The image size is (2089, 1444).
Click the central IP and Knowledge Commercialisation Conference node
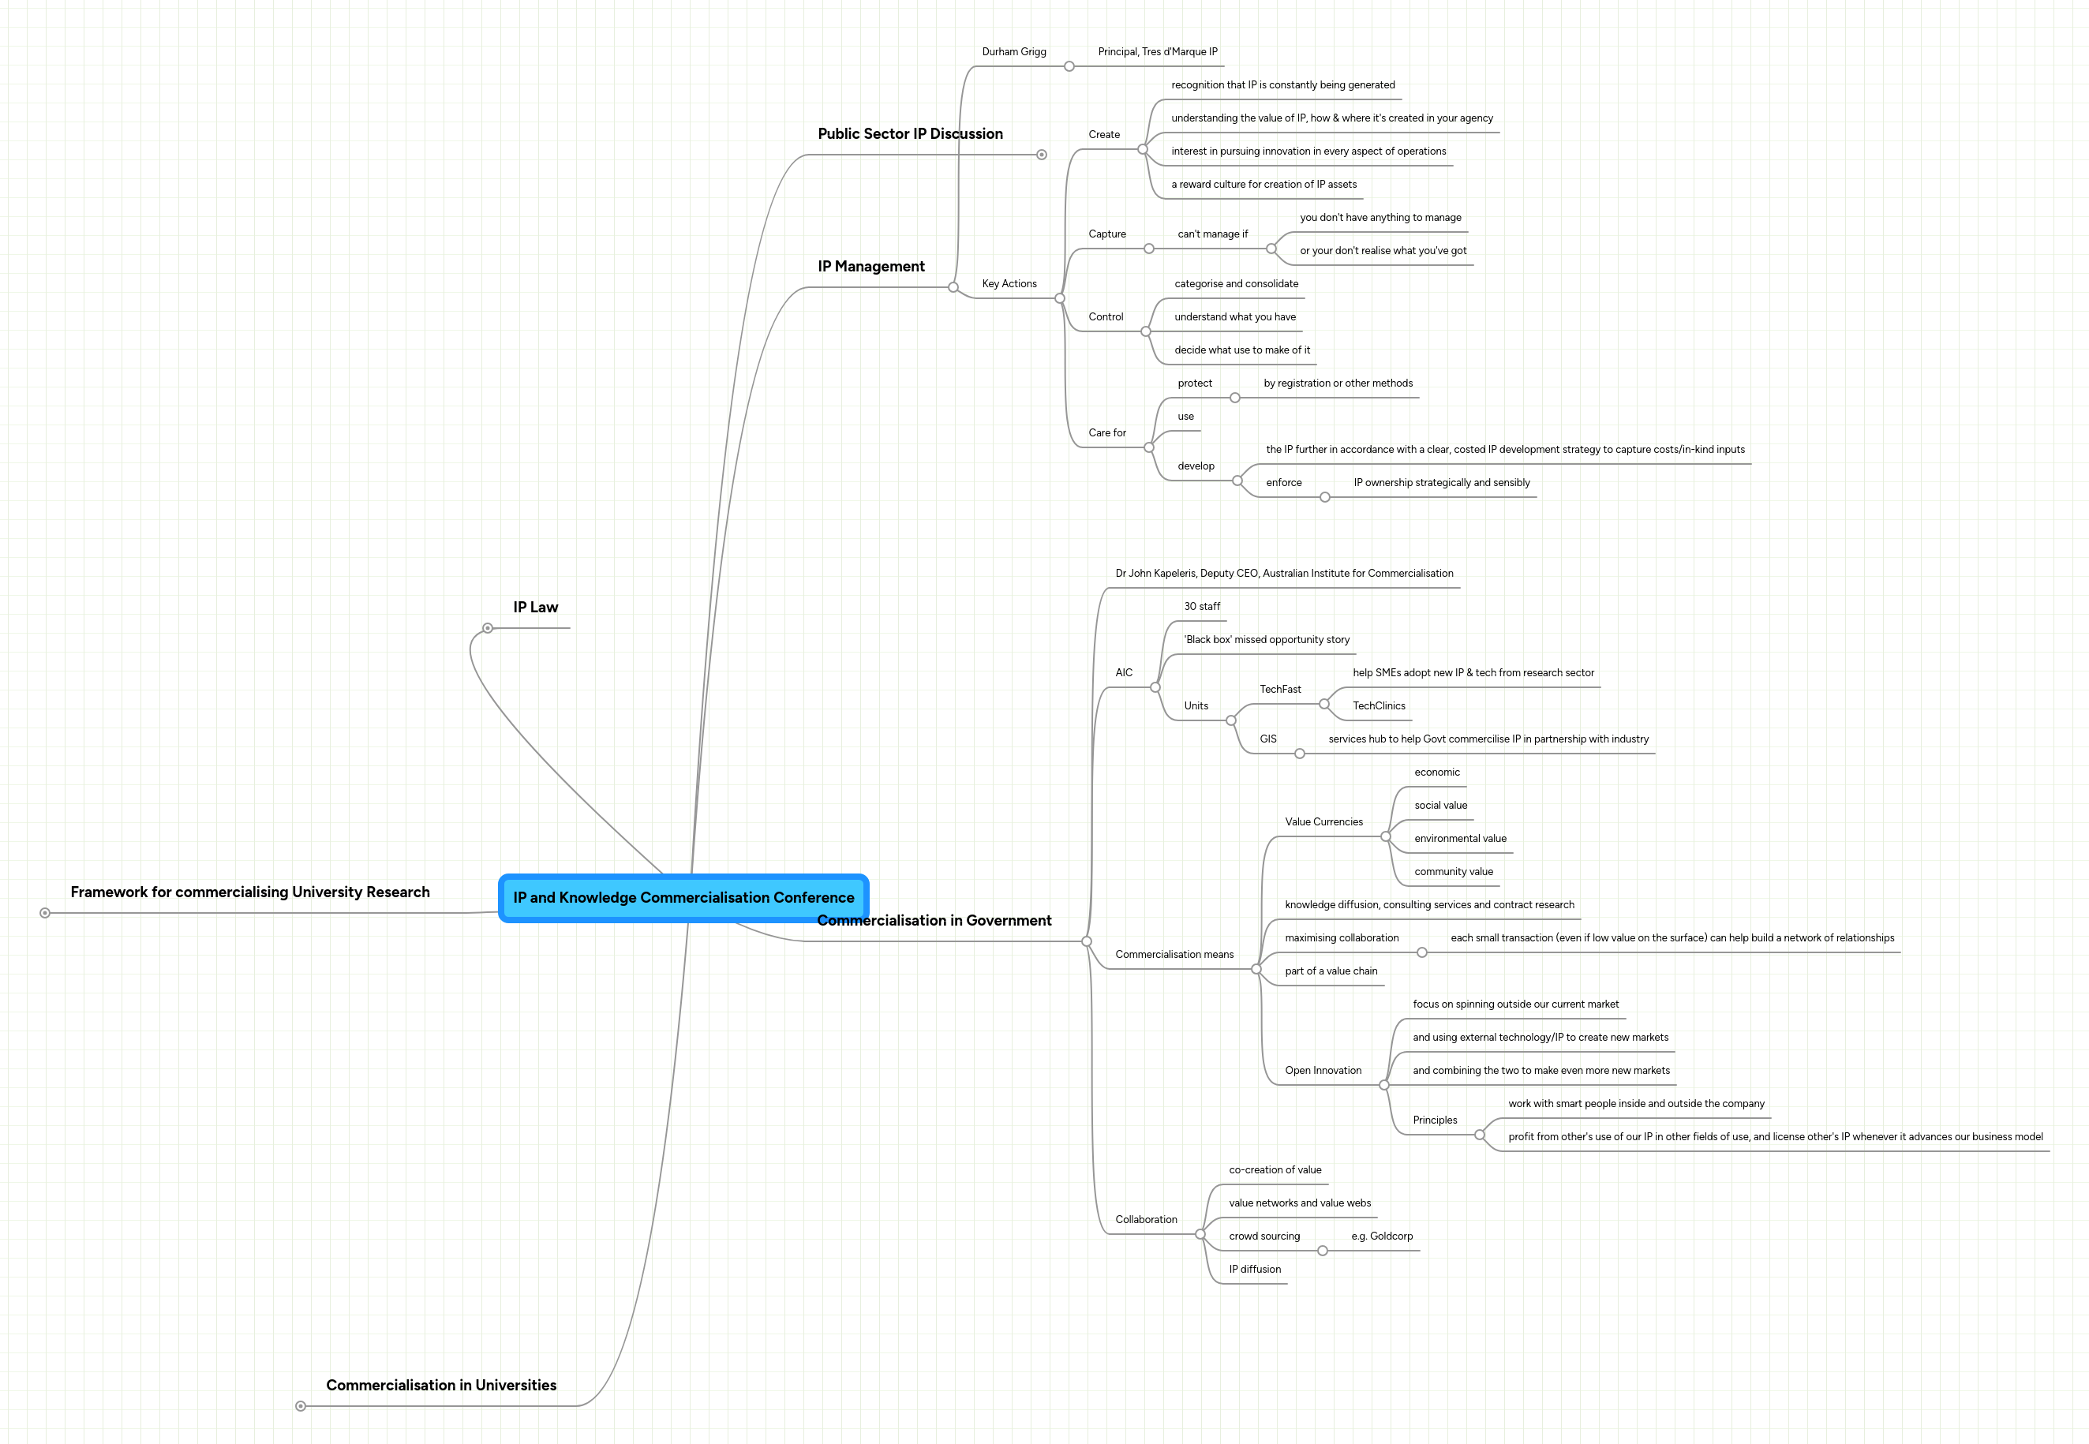pyautogui.click(x=683, y=897)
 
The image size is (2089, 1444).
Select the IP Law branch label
pyautogui.click(x=535, y=607)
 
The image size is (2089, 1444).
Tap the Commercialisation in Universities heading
pyautogui.click(x=440, y=1385)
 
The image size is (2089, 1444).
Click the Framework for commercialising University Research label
pyautogui.click(x=249, y=892)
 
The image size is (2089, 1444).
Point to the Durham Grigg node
pyautogui.click(x=1013, y=51)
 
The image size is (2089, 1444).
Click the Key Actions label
pyautogui.click(x=1009, y=284)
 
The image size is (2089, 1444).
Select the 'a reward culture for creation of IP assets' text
pyautogui.click(x=1263, y=185)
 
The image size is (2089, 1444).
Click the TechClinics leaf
pyautogui.click(x=1378, y=705)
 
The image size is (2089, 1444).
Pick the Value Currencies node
pyautogui.click(x=1323, y=821)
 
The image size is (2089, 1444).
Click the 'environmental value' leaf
pyautogui.click(x=1459, y=839)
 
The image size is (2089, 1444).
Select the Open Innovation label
pyautogui.click(x=1322, y=1070)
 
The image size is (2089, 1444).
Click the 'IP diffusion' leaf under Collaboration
pyautogui.click(x=1254, y=1270)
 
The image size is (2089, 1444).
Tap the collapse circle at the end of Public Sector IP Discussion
pyautogui.click(x=1041, y=155)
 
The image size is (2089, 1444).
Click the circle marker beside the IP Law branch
pyautogui.click(x=488, y=628)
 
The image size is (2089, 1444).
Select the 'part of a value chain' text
pyautogui.click(x=1330, y=971)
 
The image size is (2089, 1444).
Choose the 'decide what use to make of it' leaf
pyautogui.click(x=1241, y=350)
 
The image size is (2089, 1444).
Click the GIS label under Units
pyautogui.click(x=1267, y=739)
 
